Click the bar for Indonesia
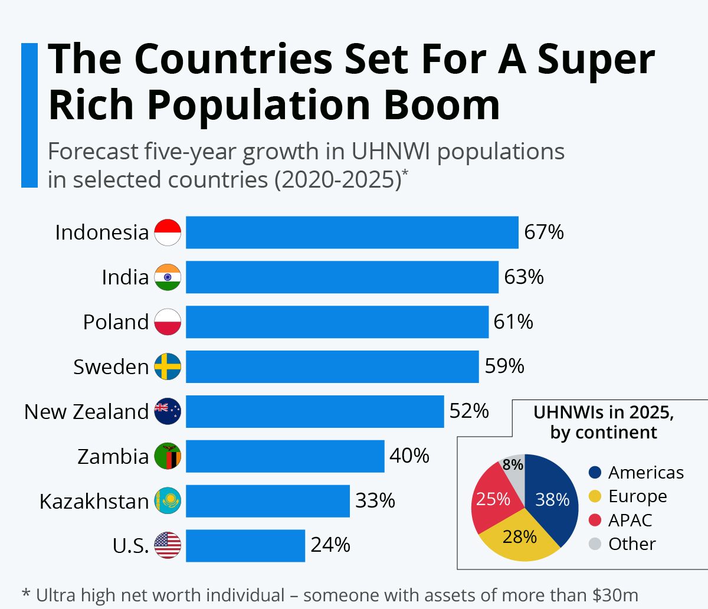point(352,233)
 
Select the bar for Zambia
point(285,456)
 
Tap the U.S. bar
point(245,546)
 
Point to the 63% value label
point(524,277)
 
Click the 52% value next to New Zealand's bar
point(469,411)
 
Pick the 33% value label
point(375,500)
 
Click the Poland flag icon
point(168,322)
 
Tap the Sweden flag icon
point(168,366)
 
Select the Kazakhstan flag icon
point(168,501)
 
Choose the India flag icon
point(168,277)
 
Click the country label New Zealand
point(86,412)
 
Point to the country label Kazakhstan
point(94,502)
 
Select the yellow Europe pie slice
point(519,537)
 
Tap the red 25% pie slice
point(493,499)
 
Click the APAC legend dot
point(595,520)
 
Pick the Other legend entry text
point(632,543)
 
